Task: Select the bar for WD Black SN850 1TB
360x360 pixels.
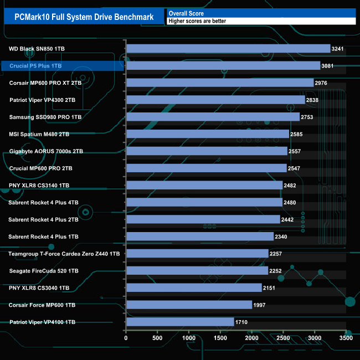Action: click(228, 49)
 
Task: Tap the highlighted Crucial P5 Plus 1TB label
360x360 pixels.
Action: click(35, 66)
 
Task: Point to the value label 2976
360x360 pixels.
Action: click(322, 83)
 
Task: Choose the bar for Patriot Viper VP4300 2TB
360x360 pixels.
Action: click(215, 100)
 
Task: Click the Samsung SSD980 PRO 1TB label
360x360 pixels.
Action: click(45, 117)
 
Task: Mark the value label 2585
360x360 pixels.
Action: click(297, 134)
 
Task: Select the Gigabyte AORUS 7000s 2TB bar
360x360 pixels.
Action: click(207, 151)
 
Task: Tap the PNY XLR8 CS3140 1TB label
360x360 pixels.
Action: click(39, 185)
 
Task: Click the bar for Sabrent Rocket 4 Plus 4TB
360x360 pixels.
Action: click(204, 202)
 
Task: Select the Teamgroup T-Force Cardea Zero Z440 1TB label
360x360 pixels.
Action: click(64, 254)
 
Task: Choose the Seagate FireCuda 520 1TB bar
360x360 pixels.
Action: click(197, 270)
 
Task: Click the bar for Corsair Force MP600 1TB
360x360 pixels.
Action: click(189, 305)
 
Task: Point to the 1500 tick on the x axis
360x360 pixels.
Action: click(220, 337)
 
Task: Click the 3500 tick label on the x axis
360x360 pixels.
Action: click(346, 337)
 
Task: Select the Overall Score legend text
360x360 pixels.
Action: click(186, 13)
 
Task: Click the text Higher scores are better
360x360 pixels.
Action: click(198, 21)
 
